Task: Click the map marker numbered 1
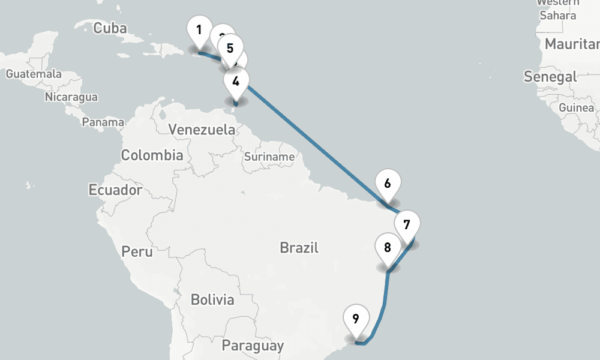click(199, 29)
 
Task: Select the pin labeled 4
click(236, 81)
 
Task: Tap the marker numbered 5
click(230, 48)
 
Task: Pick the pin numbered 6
click(388, 184)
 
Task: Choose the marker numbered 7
click(407, 226)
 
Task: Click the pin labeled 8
click(388, 247)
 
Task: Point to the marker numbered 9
click(356, 319)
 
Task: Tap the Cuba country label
click(111, 28)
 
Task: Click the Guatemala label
click(34, 74)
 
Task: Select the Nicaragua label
click(71, 97)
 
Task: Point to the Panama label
click(103, 122)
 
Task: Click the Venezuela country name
click(202, 130)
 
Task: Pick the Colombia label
click(152, 155)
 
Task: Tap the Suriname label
click(269, 157)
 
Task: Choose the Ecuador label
click(115, 190)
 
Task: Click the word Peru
click(137, 251)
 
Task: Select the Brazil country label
click(299, 247)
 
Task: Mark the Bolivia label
click(212, 299)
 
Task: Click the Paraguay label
click(253, 346)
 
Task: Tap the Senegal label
click(550, 77)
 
